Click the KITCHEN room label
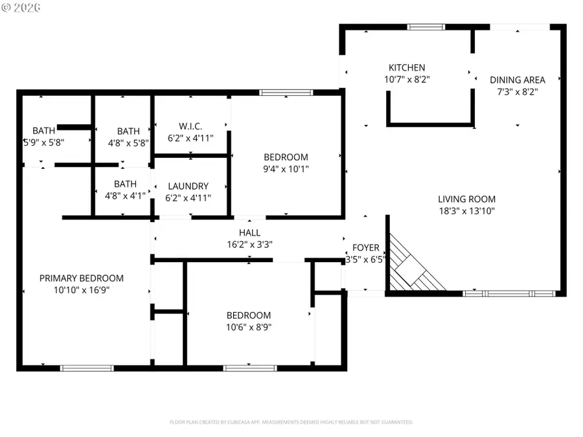[406, 67]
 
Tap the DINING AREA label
[517, 80]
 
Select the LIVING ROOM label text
[466, 199]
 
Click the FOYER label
[365, 248]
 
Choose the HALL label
[249, 232]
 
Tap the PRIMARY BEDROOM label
[82, 278]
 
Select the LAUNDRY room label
[188, 186]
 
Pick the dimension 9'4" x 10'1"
[286, 169]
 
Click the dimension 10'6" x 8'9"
[249, 327]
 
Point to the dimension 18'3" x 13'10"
[466, 210]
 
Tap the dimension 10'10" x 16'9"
[82, 290]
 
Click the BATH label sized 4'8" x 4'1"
[125, 184]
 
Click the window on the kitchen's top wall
[425, 27]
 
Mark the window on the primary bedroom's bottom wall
[87, 368]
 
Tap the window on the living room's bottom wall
[509, 293]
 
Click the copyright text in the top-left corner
[21, 7]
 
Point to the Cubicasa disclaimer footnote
[291, 422]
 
